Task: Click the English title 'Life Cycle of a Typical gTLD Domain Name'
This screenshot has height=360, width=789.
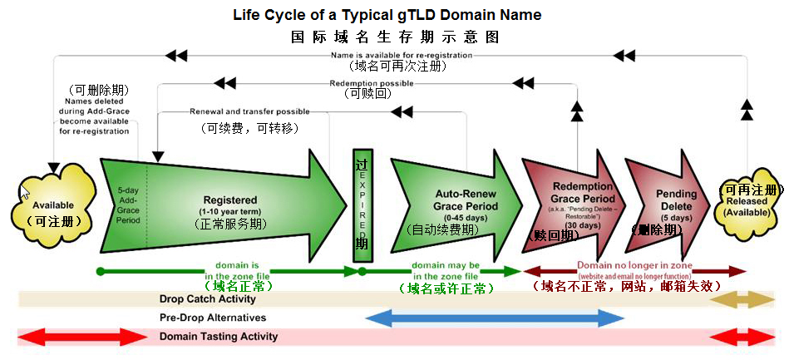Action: (387, 15)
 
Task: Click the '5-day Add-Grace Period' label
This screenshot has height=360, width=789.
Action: (128, 205)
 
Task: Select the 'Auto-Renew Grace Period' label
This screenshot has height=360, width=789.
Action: (466, 200)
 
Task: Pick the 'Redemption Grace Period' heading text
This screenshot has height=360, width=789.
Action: (582, 192)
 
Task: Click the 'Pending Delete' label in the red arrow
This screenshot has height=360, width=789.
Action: (676, 200)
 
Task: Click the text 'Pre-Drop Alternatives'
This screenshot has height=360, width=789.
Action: (213, 318)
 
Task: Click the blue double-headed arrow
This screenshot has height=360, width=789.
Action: (495, 318)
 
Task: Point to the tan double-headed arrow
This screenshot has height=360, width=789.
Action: (745, 298)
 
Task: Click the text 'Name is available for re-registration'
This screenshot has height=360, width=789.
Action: (402, 55)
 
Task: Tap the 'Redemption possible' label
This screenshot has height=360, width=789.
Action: (371, 83)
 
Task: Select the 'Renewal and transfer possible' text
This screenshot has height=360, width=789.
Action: (249, 111)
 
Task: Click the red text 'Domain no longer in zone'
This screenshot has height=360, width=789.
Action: (634, 265)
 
